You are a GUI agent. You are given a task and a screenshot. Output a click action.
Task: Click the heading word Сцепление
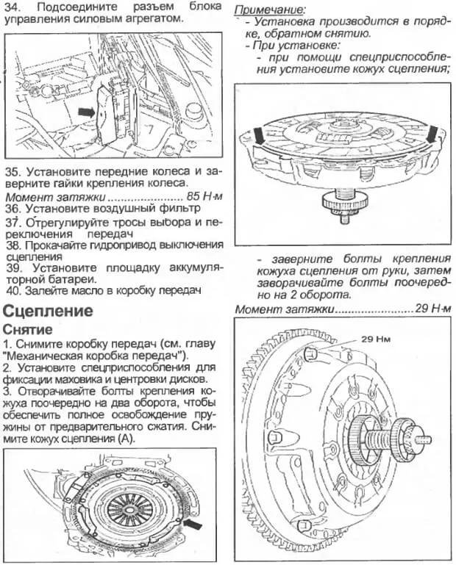click(x=49, y=311)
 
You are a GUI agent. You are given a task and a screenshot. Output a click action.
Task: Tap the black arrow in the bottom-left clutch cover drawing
click(x=193, y=523)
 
